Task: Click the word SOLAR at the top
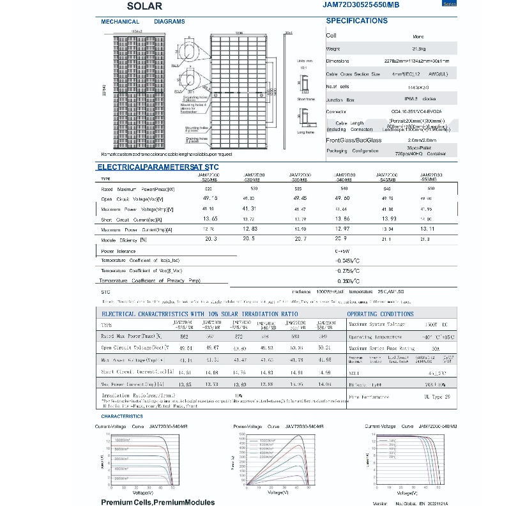[x=144, y=6]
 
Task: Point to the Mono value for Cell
[x=418, y=36]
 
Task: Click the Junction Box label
[x=340, y=99]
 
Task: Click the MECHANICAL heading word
[x=120, y=22]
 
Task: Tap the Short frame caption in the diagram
[x=305, y=99]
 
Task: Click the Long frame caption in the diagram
[x=305, y=132]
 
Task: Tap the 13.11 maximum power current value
[x=427, y=229]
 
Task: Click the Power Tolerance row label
[x=119, y=251]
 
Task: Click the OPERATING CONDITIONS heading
[x=379, y=314]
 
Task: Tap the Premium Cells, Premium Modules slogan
[x=158, y=503]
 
